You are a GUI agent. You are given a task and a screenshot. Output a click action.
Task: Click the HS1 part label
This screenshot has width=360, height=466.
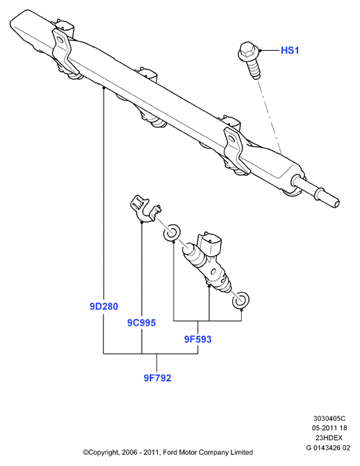coord(290,50)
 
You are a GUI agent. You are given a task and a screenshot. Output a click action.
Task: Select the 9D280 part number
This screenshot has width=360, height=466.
coord(104,307)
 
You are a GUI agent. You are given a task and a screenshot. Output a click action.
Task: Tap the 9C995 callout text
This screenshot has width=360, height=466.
coord(141,323)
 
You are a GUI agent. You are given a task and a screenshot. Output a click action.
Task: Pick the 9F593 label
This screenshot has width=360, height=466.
coord(198,339)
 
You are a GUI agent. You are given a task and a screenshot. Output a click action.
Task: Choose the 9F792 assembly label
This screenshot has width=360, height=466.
coord(158,378)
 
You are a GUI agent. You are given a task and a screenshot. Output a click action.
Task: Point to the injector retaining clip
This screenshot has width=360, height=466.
coord(145,209)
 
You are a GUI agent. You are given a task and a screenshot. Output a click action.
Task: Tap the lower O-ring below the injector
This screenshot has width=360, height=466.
coord(240,300)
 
